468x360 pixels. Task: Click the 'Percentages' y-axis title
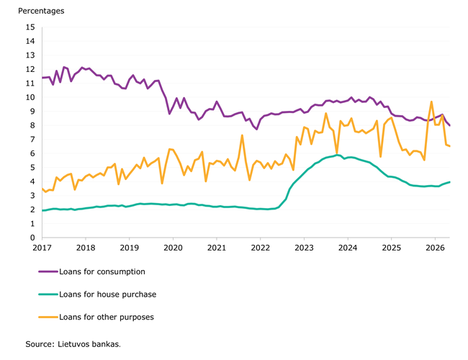click(41, 11)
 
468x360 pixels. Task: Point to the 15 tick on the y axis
click(30, 27)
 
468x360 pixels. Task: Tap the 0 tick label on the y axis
click(32, 238)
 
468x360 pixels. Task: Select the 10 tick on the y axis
click(30, 97)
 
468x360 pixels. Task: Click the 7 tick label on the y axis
click(32, 140)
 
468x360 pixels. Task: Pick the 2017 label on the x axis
click(42, 248)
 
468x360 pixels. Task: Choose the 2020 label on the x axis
click(173, 248)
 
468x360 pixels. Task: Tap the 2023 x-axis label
click(304, 248)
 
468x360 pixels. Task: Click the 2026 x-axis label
click(435, 248)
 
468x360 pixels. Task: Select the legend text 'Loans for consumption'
click(102, 271)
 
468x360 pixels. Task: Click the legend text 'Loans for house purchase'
click(108, 294)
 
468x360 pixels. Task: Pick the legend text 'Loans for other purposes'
click(107, 317)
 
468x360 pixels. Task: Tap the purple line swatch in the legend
click(48, 271)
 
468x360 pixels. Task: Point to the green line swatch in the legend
click(48, 294)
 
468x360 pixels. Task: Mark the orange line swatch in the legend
click(48, 317)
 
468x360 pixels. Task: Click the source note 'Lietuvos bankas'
click(89, 344)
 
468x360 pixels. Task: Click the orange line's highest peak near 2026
click(431, 102)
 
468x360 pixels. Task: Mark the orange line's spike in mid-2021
click(242, 135)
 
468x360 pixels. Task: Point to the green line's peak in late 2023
click(337, 155)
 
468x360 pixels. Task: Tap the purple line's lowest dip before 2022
click(257, 129)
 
